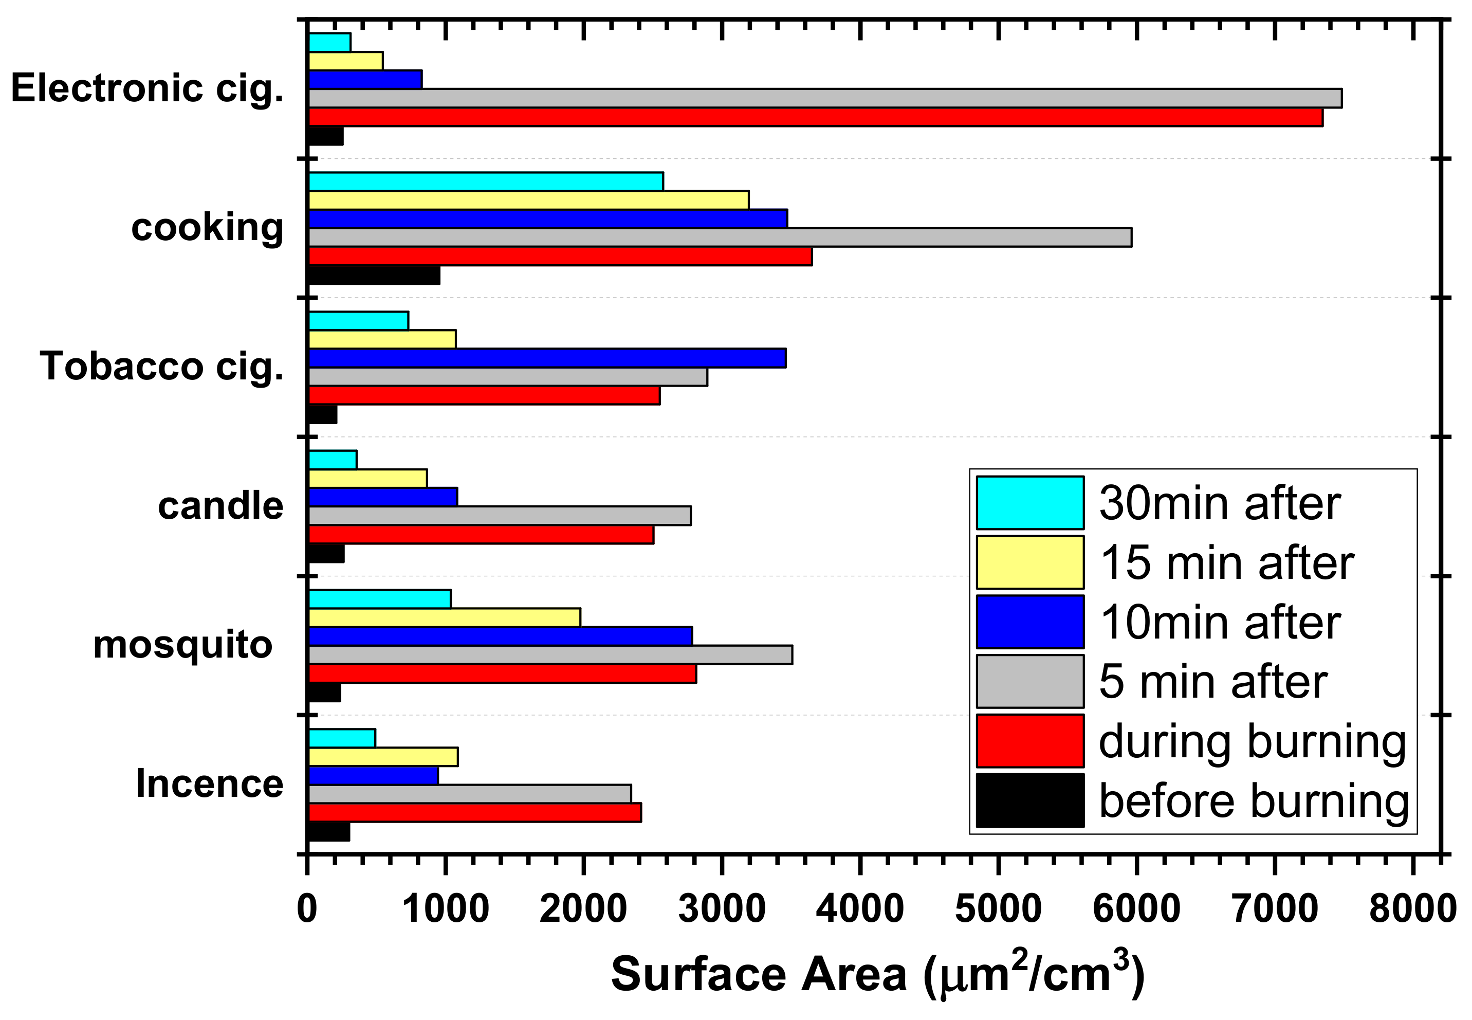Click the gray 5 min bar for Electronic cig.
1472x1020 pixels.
pyautogui.click(x=824, y=98)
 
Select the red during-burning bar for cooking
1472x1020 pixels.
pyautogui.click(x=560, y=256)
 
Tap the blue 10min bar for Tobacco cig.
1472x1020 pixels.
pyautogui.click(x=547, y=358)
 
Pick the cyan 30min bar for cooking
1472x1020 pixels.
pyautogui.click(x=486, y=181)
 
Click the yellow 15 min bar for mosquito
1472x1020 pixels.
pyautogui.click(x=445, y=618)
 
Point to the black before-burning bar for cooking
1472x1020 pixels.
pyautogui.click(x=374, y=276)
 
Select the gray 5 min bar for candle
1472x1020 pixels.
pyautogui.click(x=499, y=516)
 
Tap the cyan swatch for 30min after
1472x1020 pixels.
pyautogui.click(x=1029, y=503)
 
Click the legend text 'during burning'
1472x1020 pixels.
pyautogui.click(x=1252, y=741)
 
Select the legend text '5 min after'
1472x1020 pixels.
pyautogui.click(x=1212, y=682)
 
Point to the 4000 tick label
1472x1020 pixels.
pyautogui.click(x=859, y=909)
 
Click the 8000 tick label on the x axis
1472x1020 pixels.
pyautogui.click(x=1412, y=909)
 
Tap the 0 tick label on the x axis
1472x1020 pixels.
pyautogui.click(x=307, y=909)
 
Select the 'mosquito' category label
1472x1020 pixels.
pyautogui.click(x=183, y=644)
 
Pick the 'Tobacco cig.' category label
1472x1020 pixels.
pyautogui.click(x=161, y=366)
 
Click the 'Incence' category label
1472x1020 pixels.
pyautogui.click(x=210, y=784)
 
